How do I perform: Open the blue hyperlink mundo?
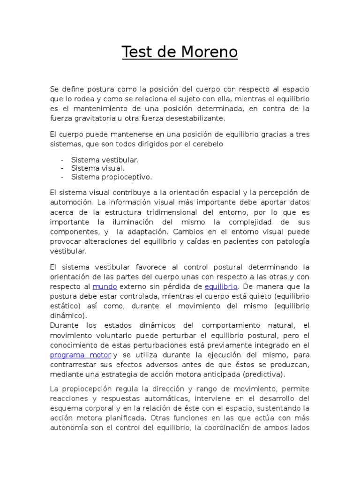tap(104, 286)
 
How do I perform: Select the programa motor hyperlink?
tap(81, 355)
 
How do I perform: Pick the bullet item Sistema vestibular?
tap(105, 160)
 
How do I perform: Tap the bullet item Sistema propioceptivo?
tap(112, 177)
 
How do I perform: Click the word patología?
tap(292, 241)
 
